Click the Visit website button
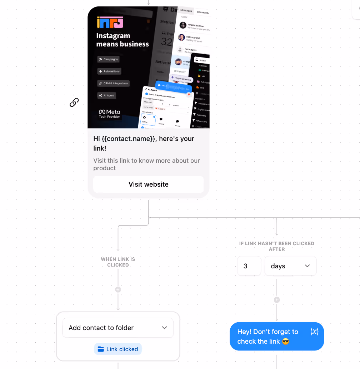(x=149, y=184)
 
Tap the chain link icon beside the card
(x=74, y=103)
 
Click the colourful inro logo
(x=110, y=22)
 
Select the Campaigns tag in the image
(x=108, y=59)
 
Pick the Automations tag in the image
(x=109, y=71)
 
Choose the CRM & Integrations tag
(x=113, y=84)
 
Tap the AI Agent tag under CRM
(x=107, y=96)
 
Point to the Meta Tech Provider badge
(x=110, y=114)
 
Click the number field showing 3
(x=249, y=266)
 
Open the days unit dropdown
(x=290, y=266)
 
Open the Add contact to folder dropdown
(x=118, y=328)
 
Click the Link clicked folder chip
(x=118, y=349)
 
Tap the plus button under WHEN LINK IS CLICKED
(x=118, y=290)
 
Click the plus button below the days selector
(x=277, y=300)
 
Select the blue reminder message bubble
(x=268, y=337)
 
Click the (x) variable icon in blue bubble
(x=314, y=332)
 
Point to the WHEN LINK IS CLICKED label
(x=118, y=262)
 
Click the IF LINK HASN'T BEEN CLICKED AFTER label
(x=277, y=246)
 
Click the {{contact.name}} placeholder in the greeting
(x=129, y=139)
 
